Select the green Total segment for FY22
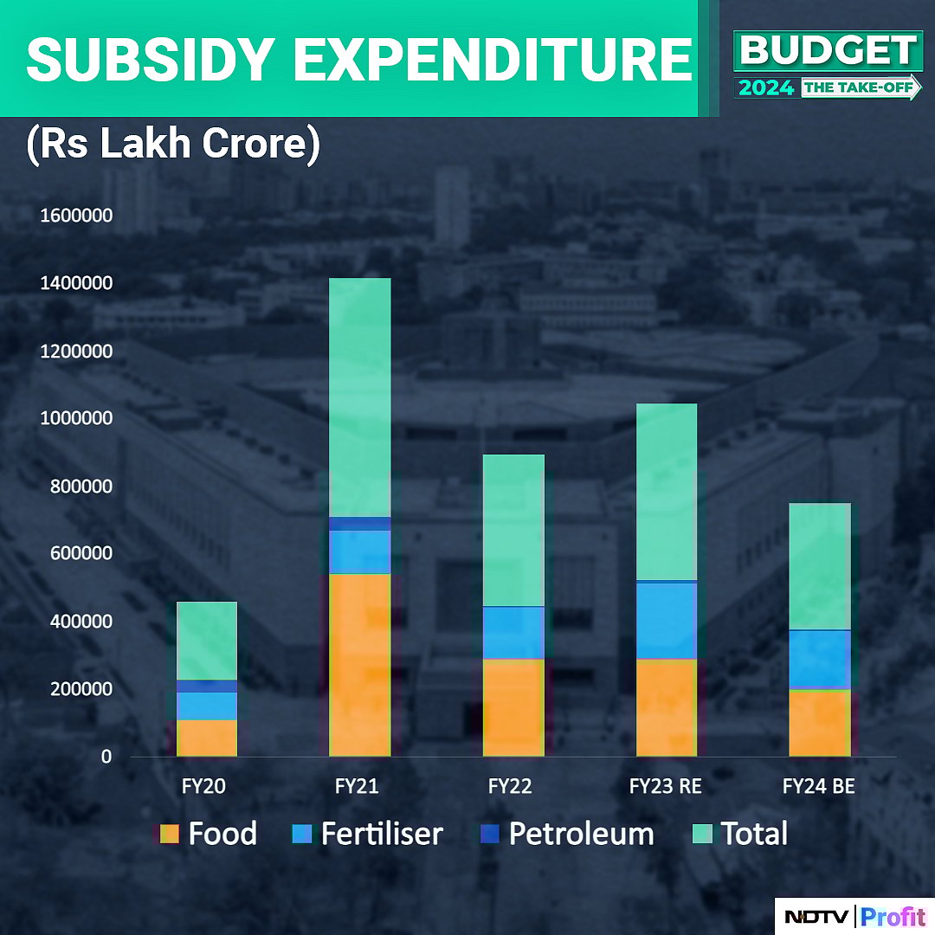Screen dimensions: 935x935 tap(513, 530)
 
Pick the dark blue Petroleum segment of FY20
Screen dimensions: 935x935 tap(207, 686)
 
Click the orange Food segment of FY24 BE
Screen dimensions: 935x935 tap(820, 723)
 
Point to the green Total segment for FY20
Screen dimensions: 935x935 tap(207, 641)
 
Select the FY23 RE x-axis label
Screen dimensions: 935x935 tap(665, 787)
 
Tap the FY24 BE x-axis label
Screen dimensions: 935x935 tap(819, 787)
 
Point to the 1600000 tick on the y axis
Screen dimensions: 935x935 tap(76, 216)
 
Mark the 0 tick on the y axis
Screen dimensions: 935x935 tap(106, 757)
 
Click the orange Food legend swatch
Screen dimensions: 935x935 tap(170, 834)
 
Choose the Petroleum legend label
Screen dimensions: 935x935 tap(581, 834)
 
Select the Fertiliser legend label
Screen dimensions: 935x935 tap(381, 834)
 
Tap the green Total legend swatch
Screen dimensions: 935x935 tap(704, 834)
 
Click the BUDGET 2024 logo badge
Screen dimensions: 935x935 tap(827, 66)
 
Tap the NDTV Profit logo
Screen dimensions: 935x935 tap(854, 916)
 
